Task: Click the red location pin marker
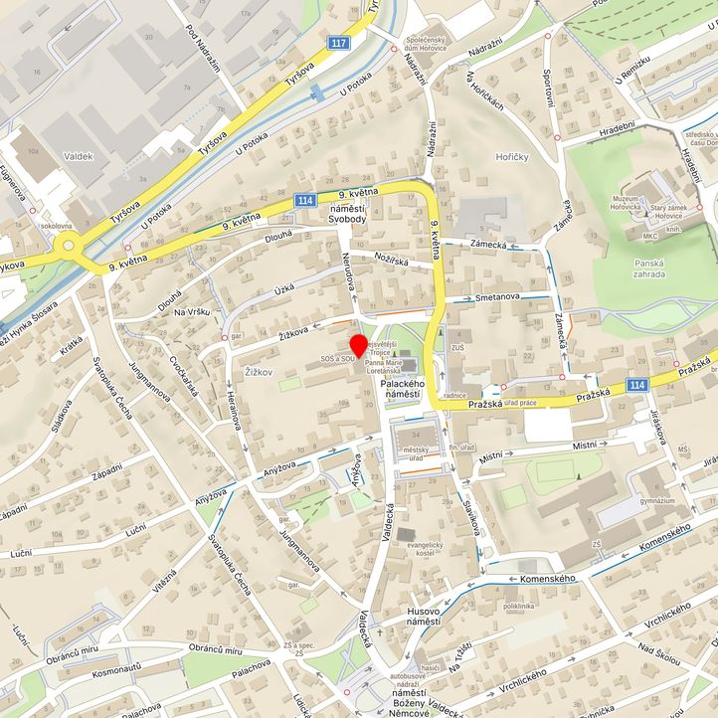click(358, 346)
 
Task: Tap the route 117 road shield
click(340, 43)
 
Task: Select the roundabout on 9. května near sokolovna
click(68, 244)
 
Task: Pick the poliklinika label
click(525, 605)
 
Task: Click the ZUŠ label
click(456, 348)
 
